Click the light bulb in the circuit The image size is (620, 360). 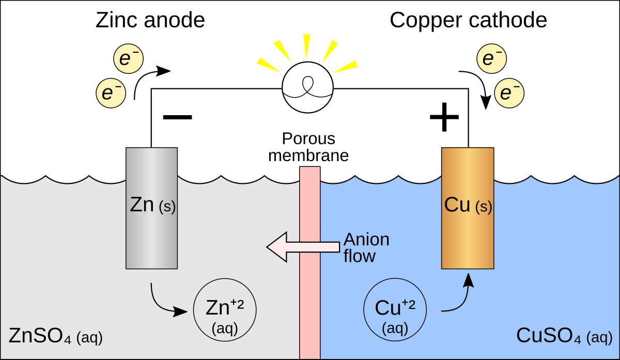click(307, 87)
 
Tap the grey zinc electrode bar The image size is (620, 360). click(152, 208)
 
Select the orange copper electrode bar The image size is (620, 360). click(468, 208)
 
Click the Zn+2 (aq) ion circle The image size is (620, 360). click(225, 309)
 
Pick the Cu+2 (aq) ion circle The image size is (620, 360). click(395, 309)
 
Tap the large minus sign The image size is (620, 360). click(177, 117)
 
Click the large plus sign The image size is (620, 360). click(444, 117)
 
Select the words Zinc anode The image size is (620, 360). click(150, 20)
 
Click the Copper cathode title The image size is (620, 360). click(468, 21)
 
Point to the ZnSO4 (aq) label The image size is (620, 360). click(56, 336)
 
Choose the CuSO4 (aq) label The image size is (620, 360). click(564, 336)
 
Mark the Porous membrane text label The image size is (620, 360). click(308, 147)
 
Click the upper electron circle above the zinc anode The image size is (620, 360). click(129, 59)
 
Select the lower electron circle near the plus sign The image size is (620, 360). click(509, 93)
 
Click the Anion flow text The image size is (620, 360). click(366, 247)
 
